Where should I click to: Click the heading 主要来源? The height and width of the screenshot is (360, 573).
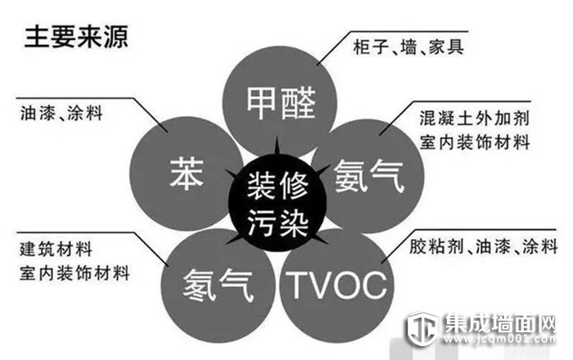pos(76,37)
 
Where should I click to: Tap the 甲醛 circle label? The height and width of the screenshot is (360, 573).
pos(281,103)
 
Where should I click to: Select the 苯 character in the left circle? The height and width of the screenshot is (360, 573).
pos(187,173)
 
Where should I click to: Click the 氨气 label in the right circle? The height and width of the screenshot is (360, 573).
pos(369,177)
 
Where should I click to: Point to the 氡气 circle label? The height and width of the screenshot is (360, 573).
pos(219,285)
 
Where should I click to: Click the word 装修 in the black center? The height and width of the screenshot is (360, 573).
pos(277,186)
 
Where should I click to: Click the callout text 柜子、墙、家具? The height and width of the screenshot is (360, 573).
pos(408,47)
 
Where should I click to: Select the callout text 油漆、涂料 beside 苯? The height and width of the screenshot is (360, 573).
pos(61,113)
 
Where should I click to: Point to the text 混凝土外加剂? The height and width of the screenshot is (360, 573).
pos(474,119)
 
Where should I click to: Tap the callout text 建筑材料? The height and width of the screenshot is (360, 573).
pos(56,249)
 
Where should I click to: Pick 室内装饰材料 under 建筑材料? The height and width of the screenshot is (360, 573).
pos(74,273)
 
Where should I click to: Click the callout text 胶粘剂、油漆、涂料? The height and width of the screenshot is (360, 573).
pos(484,246)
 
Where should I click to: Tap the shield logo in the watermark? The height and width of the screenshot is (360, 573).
pos(423,329)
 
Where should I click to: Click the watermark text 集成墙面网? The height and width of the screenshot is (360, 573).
pos(500,322)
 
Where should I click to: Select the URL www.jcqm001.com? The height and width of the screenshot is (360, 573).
pos(500,340)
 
